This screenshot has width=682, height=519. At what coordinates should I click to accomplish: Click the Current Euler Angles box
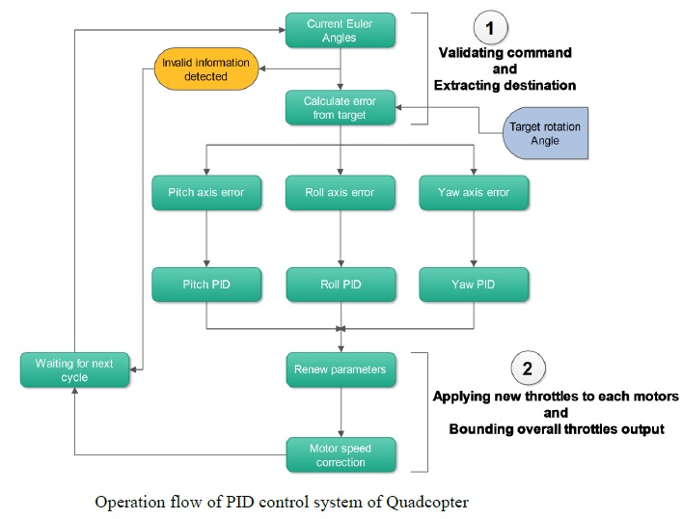(341, 30)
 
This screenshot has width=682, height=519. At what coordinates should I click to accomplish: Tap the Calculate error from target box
(341, 108)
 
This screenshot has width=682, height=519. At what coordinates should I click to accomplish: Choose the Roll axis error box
(341, 192)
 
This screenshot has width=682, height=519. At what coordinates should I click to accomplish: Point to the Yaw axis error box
(473, 192)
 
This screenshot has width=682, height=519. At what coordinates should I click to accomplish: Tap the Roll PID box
(341, 285)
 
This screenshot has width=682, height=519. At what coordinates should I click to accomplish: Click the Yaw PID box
(473, 285)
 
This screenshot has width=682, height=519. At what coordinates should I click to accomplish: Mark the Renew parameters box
(341, 369)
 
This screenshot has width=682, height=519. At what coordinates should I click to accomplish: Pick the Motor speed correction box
(341, 454)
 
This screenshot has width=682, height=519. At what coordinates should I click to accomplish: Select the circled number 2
(526, 368)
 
